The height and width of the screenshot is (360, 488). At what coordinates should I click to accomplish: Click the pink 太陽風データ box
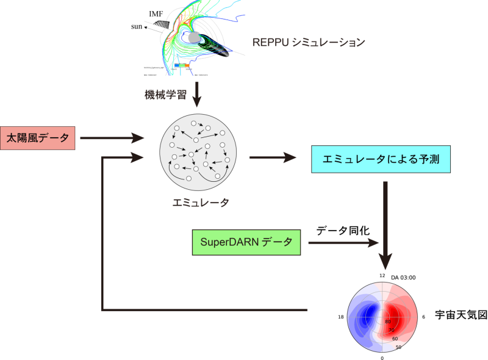(38, 139)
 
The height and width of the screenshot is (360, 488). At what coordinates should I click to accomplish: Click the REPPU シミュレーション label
(309, 42)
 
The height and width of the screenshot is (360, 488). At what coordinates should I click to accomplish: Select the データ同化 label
(340, 231)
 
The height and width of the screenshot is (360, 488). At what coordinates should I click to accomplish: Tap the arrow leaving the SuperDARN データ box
(342, 243)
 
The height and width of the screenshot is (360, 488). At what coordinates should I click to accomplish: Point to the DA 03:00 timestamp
(403, 278)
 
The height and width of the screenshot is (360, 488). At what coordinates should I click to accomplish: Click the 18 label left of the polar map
(341, 317)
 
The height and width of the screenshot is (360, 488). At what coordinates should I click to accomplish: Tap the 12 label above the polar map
(382, 276)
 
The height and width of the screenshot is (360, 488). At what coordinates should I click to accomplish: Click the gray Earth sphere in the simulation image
(194, 38)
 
